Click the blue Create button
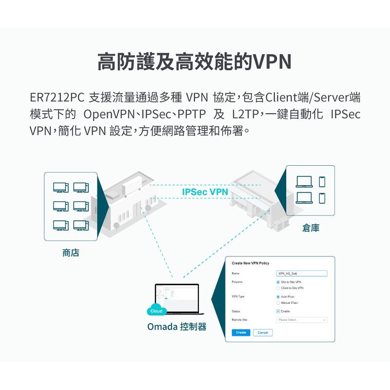click(x=241, y=332)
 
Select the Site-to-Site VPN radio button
click(x=278, y=282)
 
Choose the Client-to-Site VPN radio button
click(x=278, y=288)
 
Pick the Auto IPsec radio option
click(x=278, y=296)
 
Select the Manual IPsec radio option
click(x=278, y=303)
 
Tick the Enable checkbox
click(x=278, y=311)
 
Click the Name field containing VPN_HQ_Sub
click(x=301, y=274)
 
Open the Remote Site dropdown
click(x=301, y=320)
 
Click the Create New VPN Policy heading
click(x=250, y=263)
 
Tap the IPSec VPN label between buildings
click(x=205, y=192)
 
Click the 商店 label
click(x=71, y=253)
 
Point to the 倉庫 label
click(x=311, y=228)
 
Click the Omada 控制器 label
click(x=176, y=327)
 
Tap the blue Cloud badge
click(x=156, y=311)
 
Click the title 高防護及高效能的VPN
click(x=195, y=61)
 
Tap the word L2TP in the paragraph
click(x=243, y=115)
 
